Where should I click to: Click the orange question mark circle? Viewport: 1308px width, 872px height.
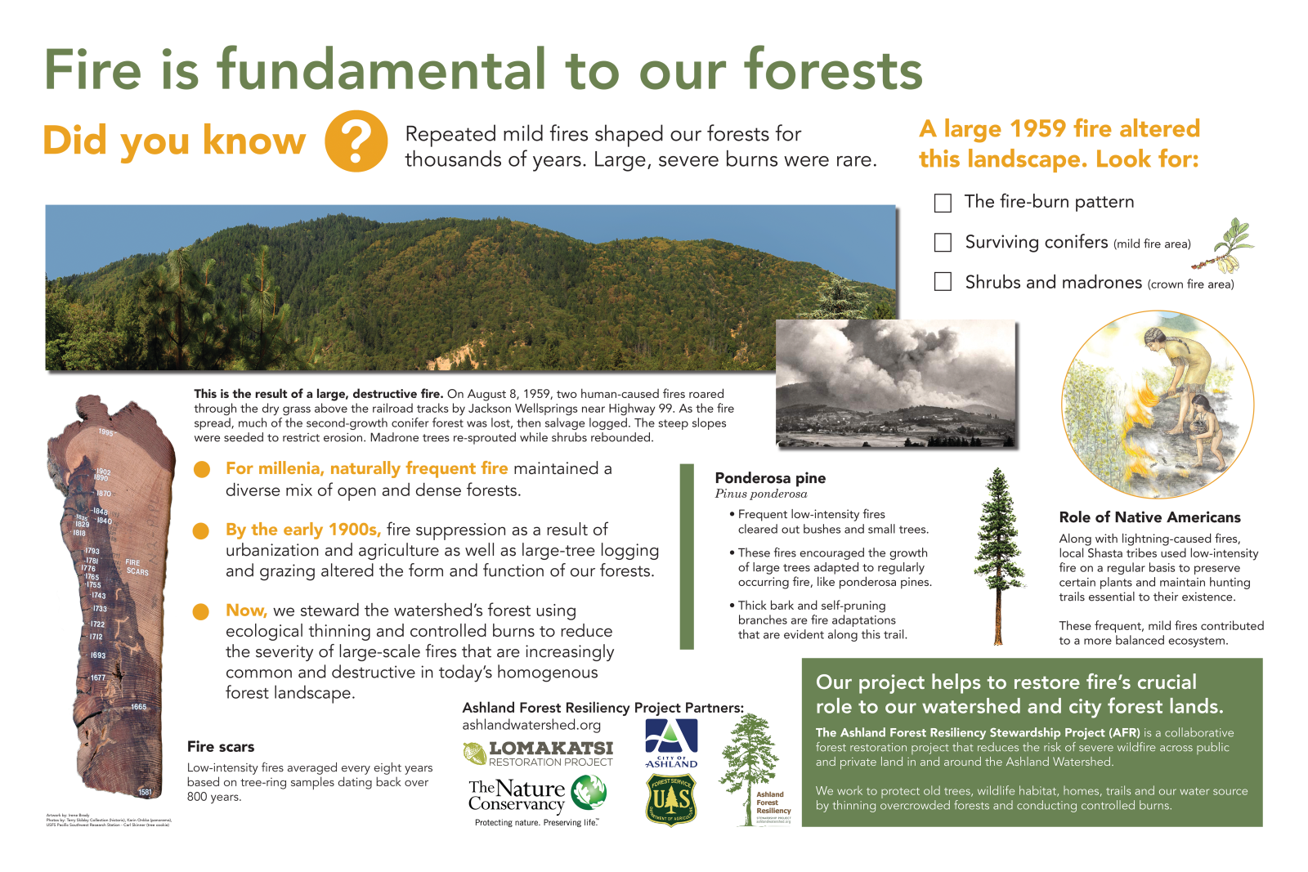tap(356, 141)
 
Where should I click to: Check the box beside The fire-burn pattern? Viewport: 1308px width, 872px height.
tap(943, 203)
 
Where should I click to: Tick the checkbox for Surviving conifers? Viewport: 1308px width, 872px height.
tap(943, 242)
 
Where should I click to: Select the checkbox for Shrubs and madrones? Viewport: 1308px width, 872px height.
tap(943, 282)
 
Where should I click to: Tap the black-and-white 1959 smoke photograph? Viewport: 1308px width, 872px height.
tap(895, 384)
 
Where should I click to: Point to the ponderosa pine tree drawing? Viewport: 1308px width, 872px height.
tap(998, 555)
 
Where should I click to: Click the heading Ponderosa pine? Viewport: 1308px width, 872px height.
tap(770, 478)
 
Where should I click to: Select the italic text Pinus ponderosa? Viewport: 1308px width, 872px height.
tap(761, 494)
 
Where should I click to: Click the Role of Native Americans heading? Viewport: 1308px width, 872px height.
tap(1149, 517)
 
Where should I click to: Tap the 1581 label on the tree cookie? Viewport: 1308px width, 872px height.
tap(145, 792)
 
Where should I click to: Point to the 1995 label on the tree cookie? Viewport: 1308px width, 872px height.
tap(106, 432)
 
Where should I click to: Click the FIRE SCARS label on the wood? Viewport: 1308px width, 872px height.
tap(137, 567)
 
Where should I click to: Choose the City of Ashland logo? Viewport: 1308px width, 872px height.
tap(671, 743)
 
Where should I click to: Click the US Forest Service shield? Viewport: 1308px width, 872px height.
tap(671, 800)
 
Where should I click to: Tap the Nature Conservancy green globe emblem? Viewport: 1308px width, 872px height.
tap(589, 793)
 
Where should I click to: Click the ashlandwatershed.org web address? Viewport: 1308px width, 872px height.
tap(531, 725)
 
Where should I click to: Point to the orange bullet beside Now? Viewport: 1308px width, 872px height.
tap(201, 612)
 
